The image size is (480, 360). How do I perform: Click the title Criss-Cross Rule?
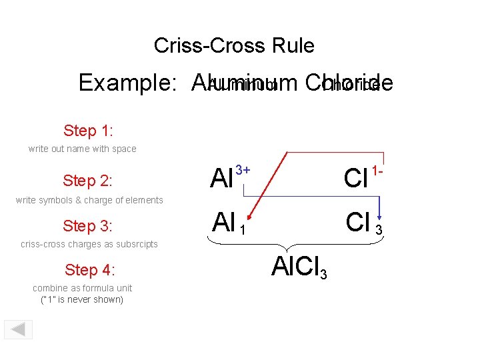[234, 45]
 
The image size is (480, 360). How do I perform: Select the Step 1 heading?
[88, 129]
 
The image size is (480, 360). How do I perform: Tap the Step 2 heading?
[87, 181]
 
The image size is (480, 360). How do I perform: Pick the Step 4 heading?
[90, 269]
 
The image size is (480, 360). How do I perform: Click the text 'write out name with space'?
[82, 149]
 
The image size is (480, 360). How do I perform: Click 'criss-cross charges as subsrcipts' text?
[89, 244]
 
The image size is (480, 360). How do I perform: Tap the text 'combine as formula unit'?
[82, 288]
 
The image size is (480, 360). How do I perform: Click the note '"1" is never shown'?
[82, 299]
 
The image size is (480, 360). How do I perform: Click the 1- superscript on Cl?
[377, 171]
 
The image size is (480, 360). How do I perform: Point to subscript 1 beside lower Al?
[243, 230]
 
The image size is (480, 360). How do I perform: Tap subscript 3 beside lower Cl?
[379, 231]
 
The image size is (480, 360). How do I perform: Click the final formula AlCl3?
[299, 267]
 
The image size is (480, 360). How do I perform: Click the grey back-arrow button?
[19, 329]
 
